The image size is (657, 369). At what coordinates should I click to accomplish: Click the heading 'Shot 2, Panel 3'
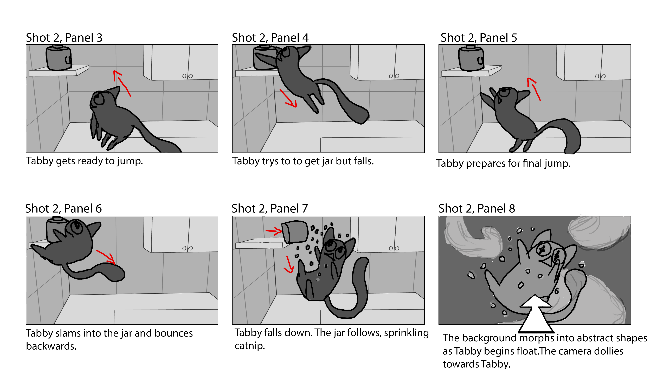pyautogui.click(x=64, y=38)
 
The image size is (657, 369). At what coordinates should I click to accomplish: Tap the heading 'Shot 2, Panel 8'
pyautogui.click(x=477, y=209)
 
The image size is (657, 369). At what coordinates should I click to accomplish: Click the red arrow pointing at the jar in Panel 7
pyautogui.click(x=274, y=231)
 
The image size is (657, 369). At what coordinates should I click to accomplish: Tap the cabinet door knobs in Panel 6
pyautogui.click(x=188, y=248)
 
